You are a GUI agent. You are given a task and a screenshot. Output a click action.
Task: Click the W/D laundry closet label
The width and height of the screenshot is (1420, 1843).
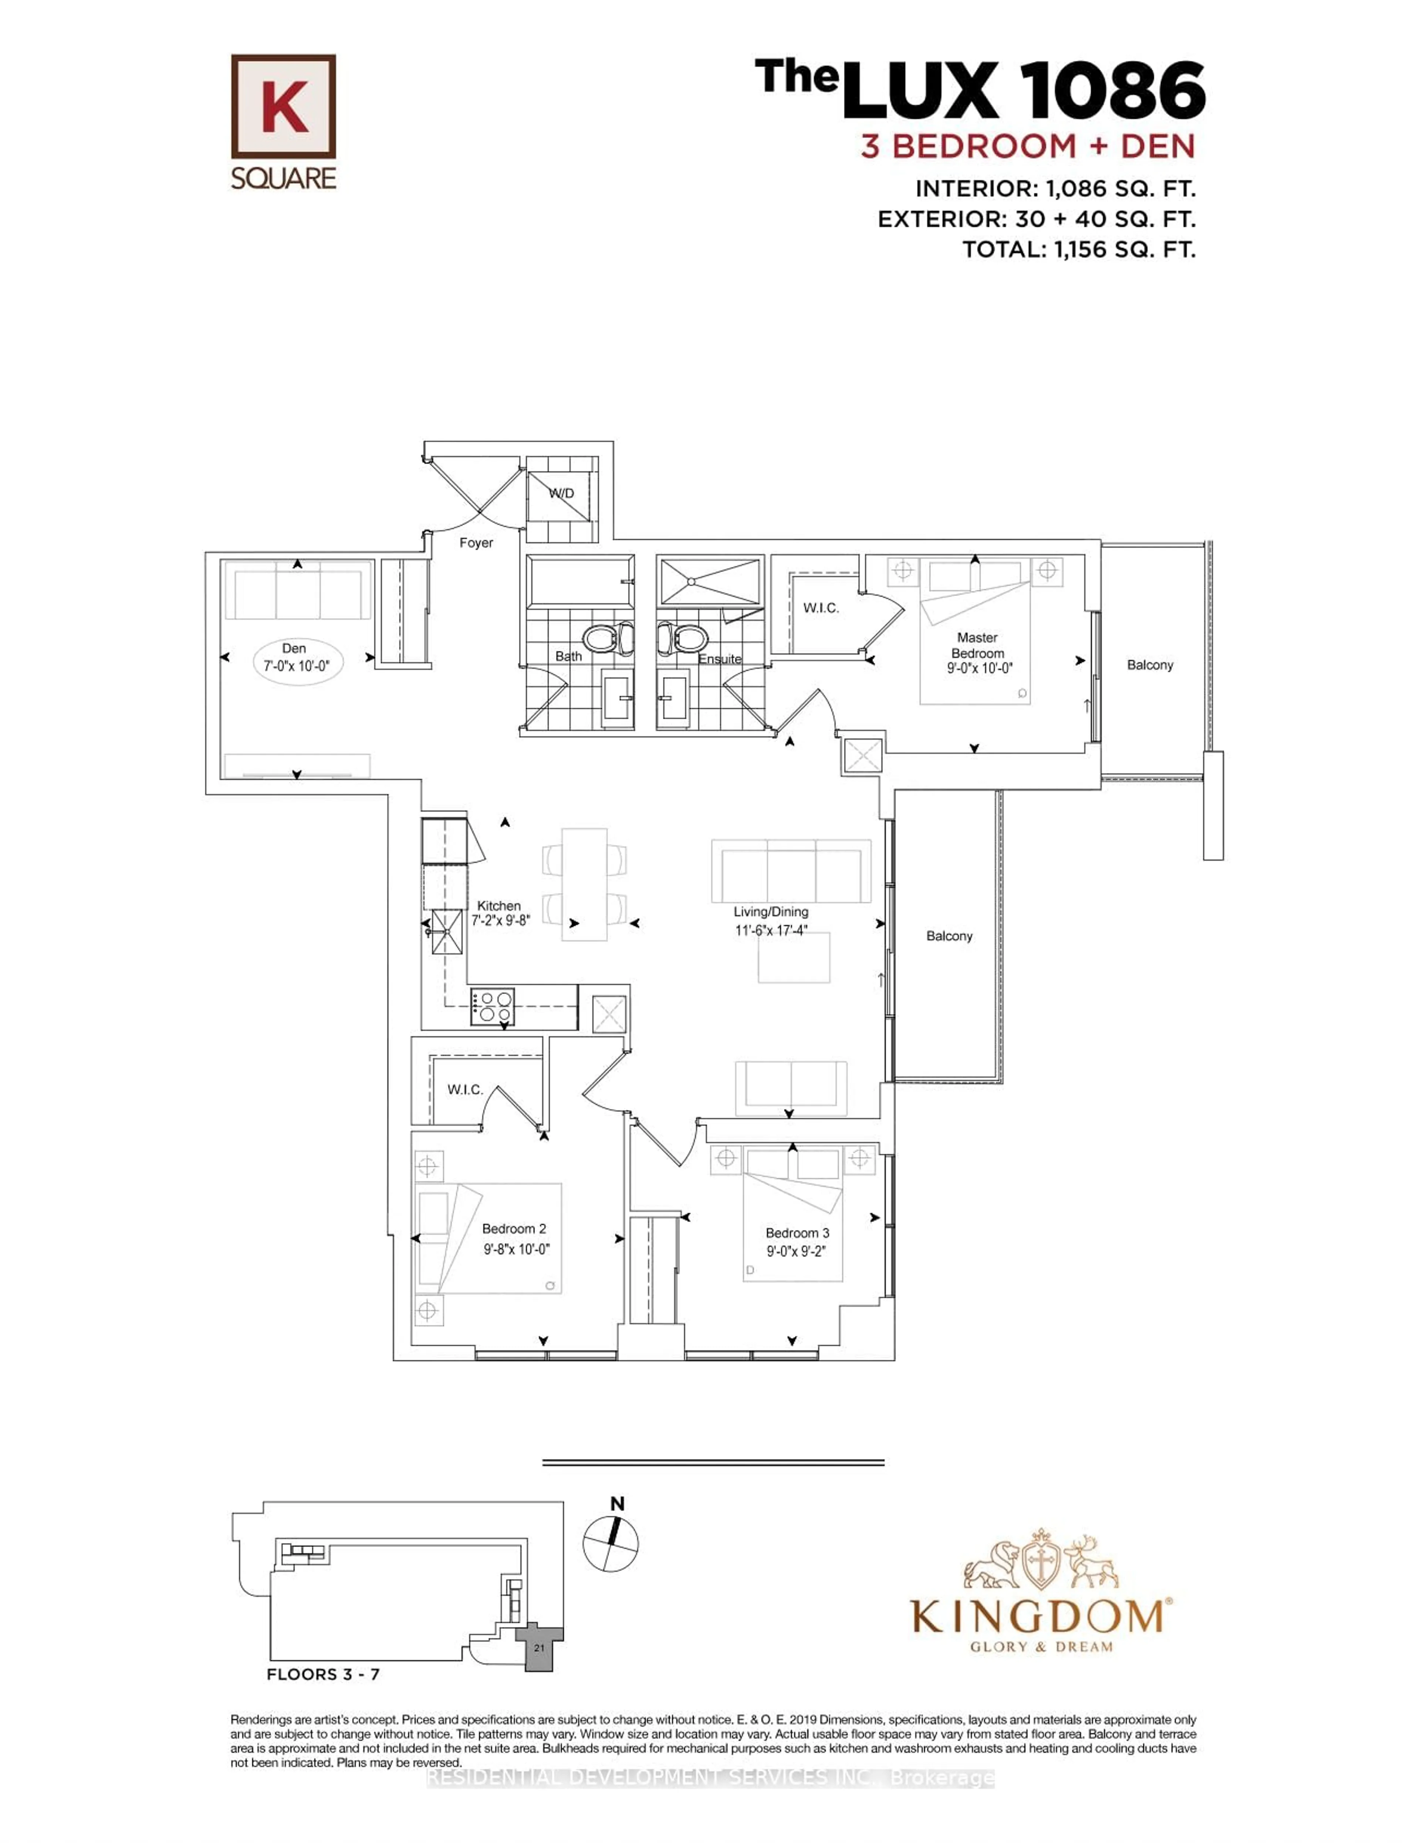pyautogui.click(x=561, y=493)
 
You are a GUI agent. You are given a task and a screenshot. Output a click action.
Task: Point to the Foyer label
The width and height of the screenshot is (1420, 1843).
pyautogui.click(x=476, y=542)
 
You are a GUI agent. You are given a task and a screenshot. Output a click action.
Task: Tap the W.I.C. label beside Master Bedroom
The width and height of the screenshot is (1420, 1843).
pyautogui.click(x=820, y=608)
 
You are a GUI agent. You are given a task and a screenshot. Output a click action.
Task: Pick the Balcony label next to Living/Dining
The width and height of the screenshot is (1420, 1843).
pyautogui.click(x=949, y=936)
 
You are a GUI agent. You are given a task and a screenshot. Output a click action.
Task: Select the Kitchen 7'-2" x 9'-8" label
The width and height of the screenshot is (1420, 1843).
pyautogui.click(x=500, y=913)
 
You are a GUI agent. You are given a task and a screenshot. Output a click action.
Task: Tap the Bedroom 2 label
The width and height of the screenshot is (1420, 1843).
pyautogui.click(x=514, y=1229)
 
